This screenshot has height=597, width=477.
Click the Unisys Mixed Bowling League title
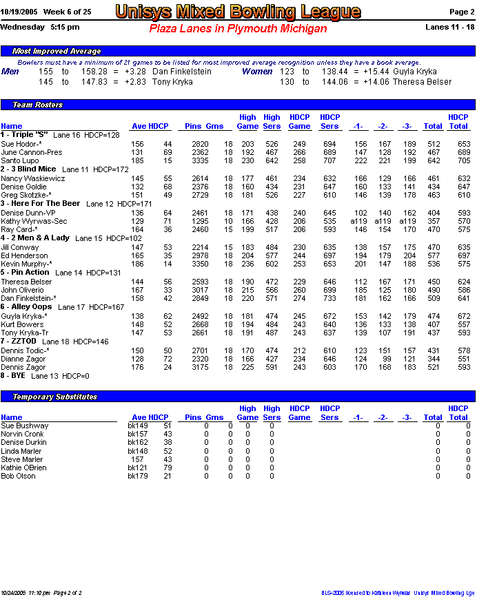[238, 12]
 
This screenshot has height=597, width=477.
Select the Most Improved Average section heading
[57, 51]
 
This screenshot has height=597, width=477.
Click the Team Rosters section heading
[38, 105]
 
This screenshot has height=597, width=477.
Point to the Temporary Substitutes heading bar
[55, 397]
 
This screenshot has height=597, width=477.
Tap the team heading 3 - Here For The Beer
[41, 204]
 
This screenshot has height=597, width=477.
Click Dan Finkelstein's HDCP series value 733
[329, 298]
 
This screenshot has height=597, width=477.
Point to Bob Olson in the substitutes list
[18, 476]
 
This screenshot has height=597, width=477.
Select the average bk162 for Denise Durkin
[138, 443]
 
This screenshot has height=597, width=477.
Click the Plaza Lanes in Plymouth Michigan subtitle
[238, 28]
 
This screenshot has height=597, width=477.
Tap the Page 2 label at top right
[461, 12]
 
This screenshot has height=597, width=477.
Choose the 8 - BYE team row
[13, 376]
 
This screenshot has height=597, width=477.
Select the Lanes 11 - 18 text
[450, 27]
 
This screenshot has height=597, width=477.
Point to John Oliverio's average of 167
[138, 290]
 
